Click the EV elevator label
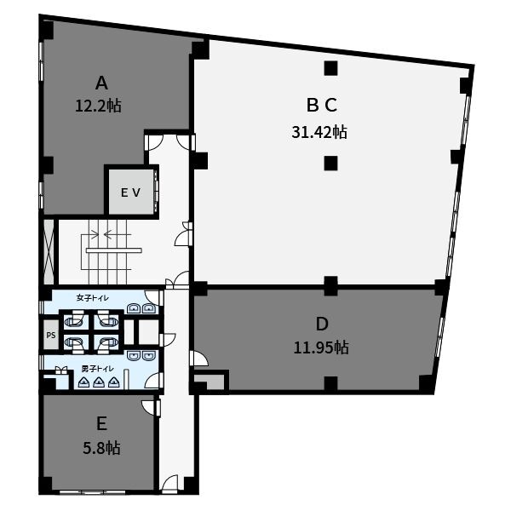pyautogui.click(x=130, y=192)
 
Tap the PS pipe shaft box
pyautogui.click(x=51, y=335)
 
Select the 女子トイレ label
pyautogui.click(x=93, y=297)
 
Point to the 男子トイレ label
pyautogui.click(x=97, y=369)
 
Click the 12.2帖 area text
pyautogui.click(x=99, y=106)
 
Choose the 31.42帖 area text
pyautogui.click(x=319, y=132)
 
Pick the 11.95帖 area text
pyautogui.click(x=321, y=347)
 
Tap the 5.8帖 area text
pyautogui.click(x=101, y=448)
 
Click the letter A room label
pyautogui.click(x=101, y=83)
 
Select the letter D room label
pyautogui.click(x=322, y=324)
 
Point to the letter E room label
pyautogui.click(x=101, y=424)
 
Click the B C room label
pyautogui.click(x=322, y=105)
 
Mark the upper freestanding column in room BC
pyautogui.click(x=330, y=68)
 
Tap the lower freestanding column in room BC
pyautogui.click(x=330, y=164)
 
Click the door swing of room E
pyautogui.click(x=148, y=407)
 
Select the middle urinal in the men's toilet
pyautogui.click(x=98, y=382)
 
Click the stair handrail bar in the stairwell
pyautogui.click(x=114, y=250)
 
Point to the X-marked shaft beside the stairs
pyautogui.click(x=49, y=251)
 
